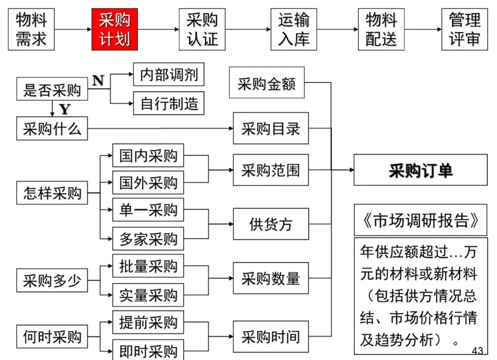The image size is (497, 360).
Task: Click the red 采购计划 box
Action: click(114, 29)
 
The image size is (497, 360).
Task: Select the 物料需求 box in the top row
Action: click(31, 29)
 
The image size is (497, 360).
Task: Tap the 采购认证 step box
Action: click(202, 29)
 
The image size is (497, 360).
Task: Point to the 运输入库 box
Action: click(294, 29)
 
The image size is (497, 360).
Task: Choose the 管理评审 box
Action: click(464, 29)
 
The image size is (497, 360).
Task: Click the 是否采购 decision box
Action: click(52, 89)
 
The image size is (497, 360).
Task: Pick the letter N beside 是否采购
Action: click(98, 81)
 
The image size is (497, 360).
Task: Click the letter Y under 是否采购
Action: click(65, 110)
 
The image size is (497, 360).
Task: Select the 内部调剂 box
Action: click(169, 75)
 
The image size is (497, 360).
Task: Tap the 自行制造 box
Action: click(169, 103)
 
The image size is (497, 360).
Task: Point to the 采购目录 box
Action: click(271, 128)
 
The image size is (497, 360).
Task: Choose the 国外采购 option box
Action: click(148, 182)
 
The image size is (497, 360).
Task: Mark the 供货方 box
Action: click(271, 224)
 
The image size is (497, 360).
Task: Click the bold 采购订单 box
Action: click(420, 170)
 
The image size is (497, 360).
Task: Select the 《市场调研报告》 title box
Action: click(420, 221)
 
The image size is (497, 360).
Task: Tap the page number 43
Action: click(477, 351)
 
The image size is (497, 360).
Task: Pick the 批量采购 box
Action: click(148, 266)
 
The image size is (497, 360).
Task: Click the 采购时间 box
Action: click(271, 337)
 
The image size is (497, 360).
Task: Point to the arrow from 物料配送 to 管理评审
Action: click(422, 29)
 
